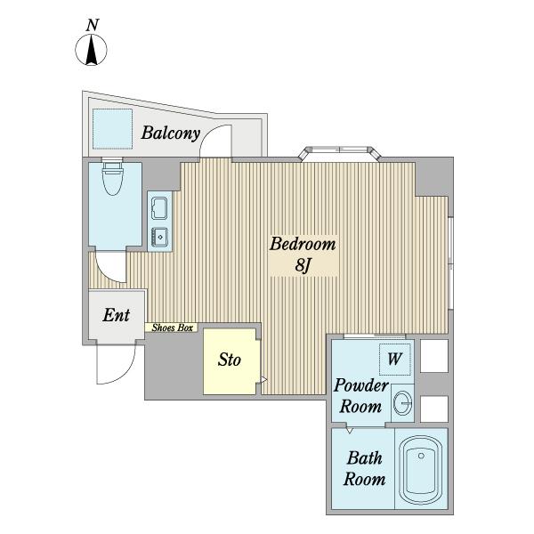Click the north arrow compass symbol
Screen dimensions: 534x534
tap(91, 50)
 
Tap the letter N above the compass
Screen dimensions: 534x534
tap(93, 26)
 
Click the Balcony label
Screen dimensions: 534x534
tap(170, 133)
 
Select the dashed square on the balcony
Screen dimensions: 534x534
tap(112, 129)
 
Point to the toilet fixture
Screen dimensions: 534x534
tap(113, 177)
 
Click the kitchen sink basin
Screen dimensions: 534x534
tap(159, 208)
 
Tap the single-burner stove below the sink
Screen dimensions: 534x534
tap(159, 236)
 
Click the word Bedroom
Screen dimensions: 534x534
tap(303, 244)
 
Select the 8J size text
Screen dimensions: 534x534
tap(303, 265)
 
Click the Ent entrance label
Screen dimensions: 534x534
tap(116, 315)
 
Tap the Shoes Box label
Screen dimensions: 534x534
tap(172, 328)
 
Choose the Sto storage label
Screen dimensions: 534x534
tap(230, 360)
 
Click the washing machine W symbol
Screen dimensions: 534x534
tap(394, 359)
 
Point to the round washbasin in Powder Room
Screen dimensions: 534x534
tap(402, 403)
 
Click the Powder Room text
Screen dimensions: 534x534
tap(361, 396)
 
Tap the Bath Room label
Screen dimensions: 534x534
tap(364, 469)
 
